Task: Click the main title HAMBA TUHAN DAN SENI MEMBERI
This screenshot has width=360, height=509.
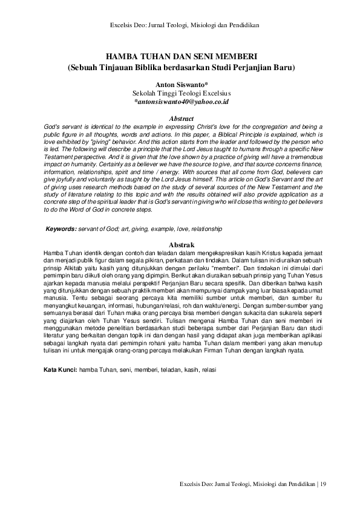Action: pos(180,57)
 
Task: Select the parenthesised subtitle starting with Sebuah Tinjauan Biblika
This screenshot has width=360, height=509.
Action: pos(180,68)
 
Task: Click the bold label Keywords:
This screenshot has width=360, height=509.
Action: pos(61,230)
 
